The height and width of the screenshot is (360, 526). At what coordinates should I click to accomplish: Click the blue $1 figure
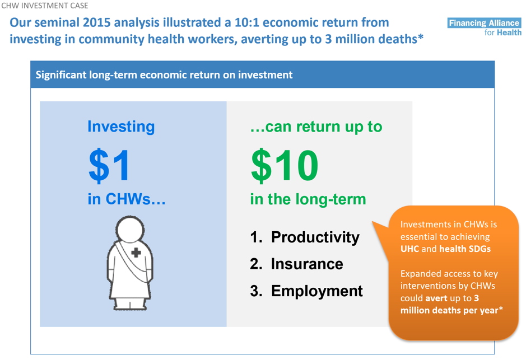click(x=109, y=165)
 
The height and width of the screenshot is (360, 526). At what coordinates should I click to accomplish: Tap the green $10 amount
click(x=285, y=165)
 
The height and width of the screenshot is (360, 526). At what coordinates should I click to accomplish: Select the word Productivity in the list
click(x=315, y=237)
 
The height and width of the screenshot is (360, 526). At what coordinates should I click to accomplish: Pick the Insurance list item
click(x=307, y=264)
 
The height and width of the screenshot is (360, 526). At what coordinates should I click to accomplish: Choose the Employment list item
click(x=316, y=291)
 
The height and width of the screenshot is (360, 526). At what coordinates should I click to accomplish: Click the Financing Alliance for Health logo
click(x=485, y=27)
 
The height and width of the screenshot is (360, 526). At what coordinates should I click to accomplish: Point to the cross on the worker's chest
click(x=136, y=253)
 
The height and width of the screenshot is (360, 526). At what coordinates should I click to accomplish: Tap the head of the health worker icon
click(x=130, y=230)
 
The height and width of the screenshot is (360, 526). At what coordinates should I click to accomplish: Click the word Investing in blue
click(x=121, y=127)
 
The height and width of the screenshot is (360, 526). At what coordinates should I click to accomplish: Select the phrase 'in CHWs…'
click(x=127, y=199)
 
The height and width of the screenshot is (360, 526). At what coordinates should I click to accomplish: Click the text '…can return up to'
click(x=316, y=127)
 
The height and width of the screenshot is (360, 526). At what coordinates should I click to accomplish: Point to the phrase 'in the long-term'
click(x=308, y=199)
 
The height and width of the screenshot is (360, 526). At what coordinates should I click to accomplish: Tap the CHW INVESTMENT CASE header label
click(x=45, y=6)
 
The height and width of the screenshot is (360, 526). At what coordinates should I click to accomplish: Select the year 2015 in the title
click(x=96, y=22)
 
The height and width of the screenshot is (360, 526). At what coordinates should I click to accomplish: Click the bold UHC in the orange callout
click(x=409, y=249)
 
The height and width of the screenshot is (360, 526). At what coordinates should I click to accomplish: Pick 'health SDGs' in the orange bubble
click(x=465, y=249)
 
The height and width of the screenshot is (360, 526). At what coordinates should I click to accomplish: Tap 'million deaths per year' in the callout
click(x=449, y=310)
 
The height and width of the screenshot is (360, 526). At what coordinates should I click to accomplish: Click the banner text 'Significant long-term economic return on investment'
click(x=164, y=75)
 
